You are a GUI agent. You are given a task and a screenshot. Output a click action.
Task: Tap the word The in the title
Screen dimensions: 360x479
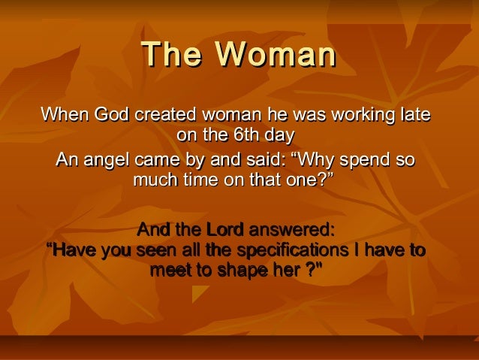pos(173,55)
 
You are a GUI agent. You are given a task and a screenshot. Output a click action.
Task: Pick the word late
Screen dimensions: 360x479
pos(414,116)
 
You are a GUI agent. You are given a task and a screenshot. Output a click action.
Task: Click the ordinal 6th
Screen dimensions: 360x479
pos(243,135)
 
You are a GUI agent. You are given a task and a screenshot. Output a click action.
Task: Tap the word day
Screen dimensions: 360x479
pos(278,135)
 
